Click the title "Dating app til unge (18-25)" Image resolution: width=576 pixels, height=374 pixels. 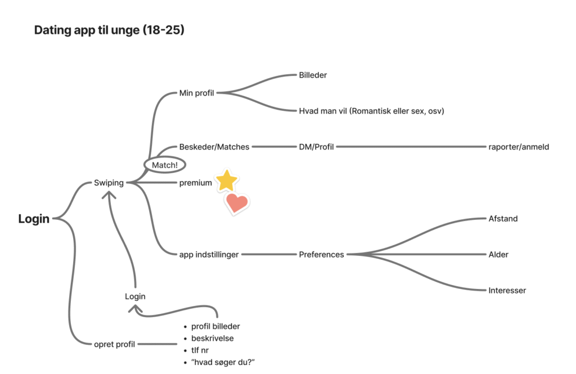tap(109, 30)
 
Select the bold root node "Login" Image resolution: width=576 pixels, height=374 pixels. tap(34, 219)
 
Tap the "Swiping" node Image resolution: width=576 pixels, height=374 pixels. tap(109, 183)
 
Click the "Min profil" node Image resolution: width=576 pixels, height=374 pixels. tap(196, 93)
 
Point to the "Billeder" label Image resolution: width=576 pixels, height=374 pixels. tap(313, 75)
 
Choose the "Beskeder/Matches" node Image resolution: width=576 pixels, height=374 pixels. tap(214, 147)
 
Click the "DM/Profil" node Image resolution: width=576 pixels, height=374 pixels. tap(316, 147)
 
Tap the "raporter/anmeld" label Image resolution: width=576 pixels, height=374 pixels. tap(519, 147)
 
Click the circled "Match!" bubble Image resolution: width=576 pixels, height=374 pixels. tap(165, 165)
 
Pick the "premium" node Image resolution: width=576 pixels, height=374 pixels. tap(195, 183)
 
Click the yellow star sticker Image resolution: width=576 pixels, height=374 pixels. tap(227, 181)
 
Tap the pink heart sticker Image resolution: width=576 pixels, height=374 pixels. tap(237, 202)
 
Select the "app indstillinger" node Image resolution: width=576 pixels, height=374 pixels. tap(209, 255)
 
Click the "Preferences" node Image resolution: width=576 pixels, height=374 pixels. tap(321, 255)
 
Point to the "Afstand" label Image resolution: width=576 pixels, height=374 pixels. tap(503, 219)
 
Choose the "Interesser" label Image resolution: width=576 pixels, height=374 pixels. tap(507, 291)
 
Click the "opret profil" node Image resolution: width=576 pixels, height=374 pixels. tap(114, 344)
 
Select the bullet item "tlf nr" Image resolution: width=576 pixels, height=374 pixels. tap(200, 350)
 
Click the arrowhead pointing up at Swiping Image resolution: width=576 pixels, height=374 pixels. tap(109, 195)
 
